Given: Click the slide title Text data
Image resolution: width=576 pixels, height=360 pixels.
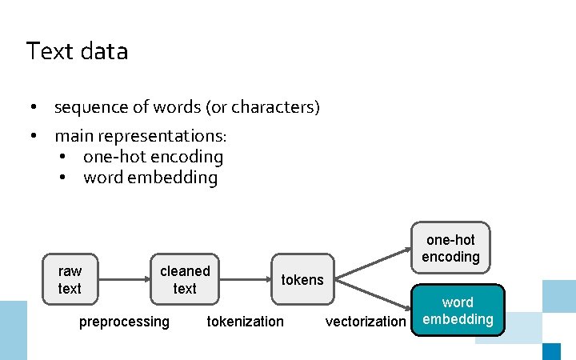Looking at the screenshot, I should point(77,52).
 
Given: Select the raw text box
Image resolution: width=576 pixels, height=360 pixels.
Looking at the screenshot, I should point(70,279).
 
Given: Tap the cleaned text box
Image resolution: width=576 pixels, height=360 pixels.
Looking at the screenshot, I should point(185,279).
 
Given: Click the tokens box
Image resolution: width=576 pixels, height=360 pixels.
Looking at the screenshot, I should point(302,279).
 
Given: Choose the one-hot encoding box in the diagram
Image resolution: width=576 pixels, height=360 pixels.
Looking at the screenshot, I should point(451,248).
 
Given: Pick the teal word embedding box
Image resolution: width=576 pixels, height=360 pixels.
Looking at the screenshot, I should point(458,311).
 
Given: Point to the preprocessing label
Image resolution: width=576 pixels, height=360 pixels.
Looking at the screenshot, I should point(124,322).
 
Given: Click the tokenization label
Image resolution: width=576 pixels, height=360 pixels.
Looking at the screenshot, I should point(245,322).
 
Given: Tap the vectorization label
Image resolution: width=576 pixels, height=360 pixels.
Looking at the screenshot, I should point(366,322).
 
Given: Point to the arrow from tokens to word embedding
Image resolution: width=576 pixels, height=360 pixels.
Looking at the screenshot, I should point(374,295).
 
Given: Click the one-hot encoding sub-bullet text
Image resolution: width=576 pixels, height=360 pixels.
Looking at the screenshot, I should point(153,158).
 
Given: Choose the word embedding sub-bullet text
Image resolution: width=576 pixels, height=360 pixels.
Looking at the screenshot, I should point(150,178).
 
